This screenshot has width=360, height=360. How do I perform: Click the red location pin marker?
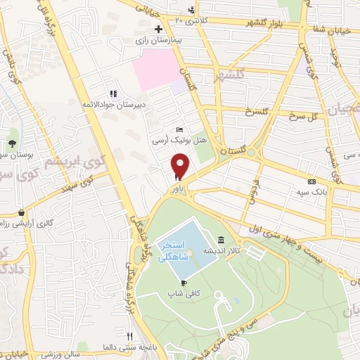click(x=181, y=165)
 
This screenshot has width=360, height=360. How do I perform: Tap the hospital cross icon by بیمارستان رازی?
click(x=159, y=30)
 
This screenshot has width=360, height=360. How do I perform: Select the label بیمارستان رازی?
click(x=159, y=41)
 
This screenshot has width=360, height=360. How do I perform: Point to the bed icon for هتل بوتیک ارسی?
click(x=180, y=130)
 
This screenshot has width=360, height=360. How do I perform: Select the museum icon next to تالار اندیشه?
click(x=221, y=239)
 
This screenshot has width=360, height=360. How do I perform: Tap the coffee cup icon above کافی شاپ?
click(x=184, y=282)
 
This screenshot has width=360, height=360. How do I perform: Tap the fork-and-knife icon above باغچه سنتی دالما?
click(x=129, y=335)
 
